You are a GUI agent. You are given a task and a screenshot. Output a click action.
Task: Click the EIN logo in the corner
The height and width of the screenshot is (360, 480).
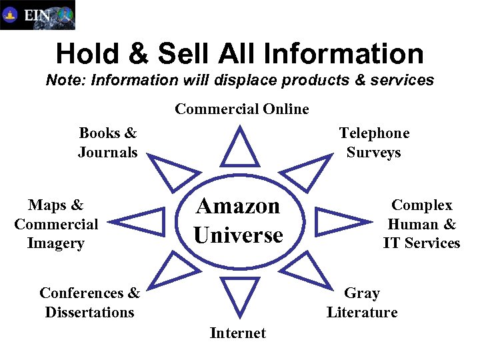(37, 15)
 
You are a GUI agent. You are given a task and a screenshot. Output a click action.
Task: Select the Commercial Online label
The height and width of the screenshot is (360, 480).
(242, 109)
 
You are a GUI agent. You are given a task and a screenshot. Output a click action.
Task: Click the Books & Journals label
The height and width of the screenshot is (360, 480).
(107, 143)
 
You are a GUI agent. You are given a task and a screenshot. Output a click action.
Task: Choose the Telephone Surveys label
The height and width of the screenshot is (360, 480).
(374, 143)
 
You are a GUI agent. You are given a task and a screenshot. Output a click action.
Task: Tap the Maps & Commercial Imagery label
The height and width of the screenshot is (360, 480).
(56, 224)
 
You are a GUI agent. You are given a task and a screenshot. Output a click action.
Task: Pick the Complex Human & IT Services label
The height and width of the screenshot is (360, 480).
(421, 224)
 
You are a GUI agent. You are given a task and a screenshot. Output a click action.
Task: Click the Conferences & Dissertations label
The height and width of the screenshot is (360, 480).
(90, 303)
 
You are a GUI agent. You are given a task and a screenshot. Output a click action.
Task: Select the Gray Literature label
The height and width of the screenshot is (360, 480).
(362, 303)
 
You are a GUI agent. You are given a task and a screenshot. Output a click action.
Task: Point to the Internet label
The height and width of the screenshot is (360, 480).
(238, 333)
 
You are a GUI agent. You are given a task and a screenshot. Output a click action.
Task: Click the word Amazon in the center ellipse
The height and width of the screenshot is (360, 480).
(237, 206)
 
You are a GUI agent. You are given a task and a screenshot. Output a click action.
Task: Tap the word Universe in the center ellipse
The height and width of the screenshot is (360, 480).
(238, 235)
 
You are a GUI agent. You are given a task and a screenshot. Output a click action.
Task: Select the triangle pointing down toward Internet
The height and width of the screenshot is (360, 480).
(239, 293)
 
